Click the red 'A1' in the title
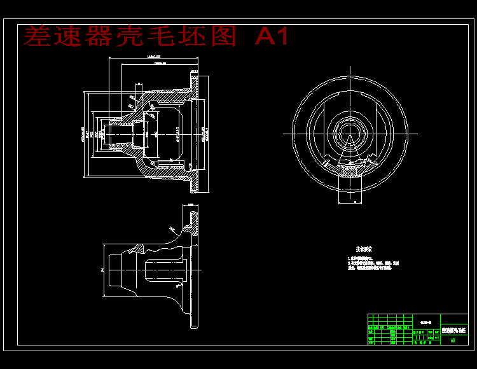[272, 37]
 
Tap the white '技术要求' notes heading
[364, 249]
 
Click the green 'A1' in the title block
[453, 340]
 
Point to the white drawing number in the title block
[426, 321]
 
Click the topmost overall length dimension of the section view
[153, 57]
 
